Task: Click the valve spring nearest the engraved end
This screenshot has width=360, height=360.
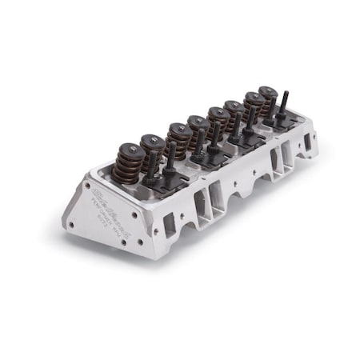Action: pyautogui.click(x=126, y=165)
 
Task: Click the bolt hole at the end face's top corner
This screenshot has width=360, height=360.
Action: pyautogui.click(x=86, y=189)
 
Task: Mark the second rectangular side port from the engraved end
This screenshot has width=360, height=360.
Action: pyautogui.click(x=209, y=198)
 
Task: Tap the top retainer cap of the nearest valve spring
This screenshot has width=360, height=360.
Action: pyautogui.click(x=126, y=150)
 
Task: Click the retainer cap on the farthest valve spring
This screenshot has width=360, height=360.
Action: pyautogui.click(x=268, y=91)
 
